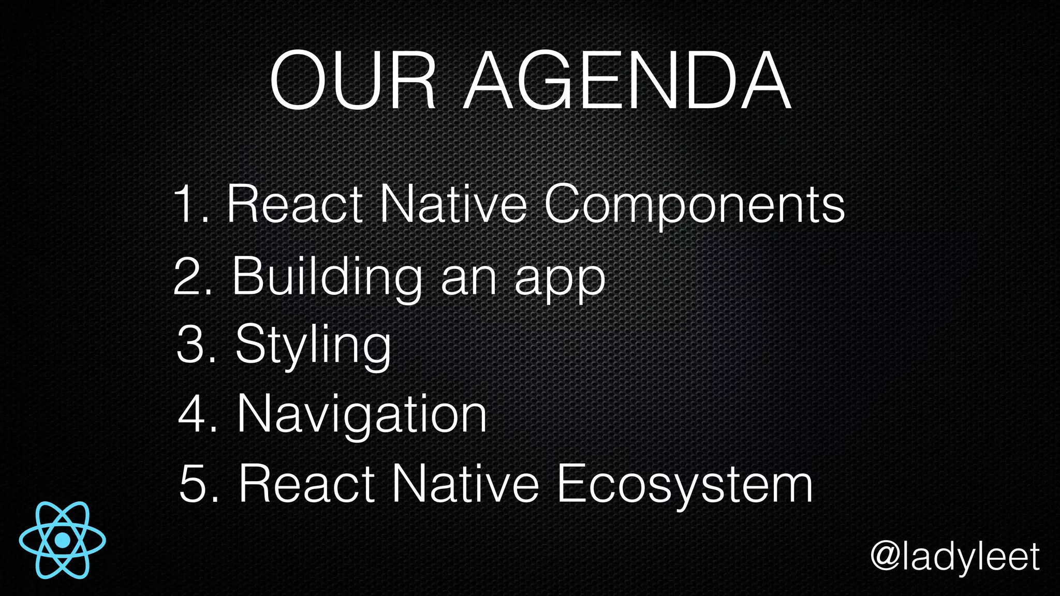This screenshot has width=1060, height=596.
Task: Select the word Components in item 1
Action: (x=694, y=205)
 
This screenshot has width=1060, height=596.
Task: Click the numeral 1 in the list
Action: (x=185, y=205)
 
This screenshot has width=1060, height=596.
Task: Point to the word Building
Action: (x=327, y=277)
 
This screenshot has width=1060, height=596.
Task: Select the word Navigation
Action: (x=362, y=414)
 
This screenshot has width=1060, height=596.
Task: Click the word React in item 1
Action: (x=295, y=205)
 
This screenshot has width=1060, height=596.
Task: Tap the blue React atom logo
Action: (x=63, y=540)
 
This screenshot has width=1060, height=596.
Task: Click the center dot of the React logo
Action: (x=63, y=540)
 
